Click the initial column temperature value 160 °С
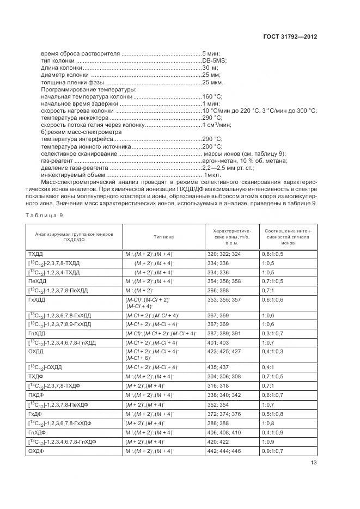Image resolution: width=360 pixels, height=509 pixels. click(x=212, y=96)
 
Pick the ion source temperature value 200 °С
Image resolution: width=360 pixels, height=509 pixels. click(x=212, y=146)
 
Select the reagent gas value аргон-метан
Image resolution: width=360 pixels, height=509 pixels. click(x=218, y=160)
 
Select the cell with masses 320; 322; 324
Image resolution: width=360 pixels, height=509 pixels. click(x=223, y=254)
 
